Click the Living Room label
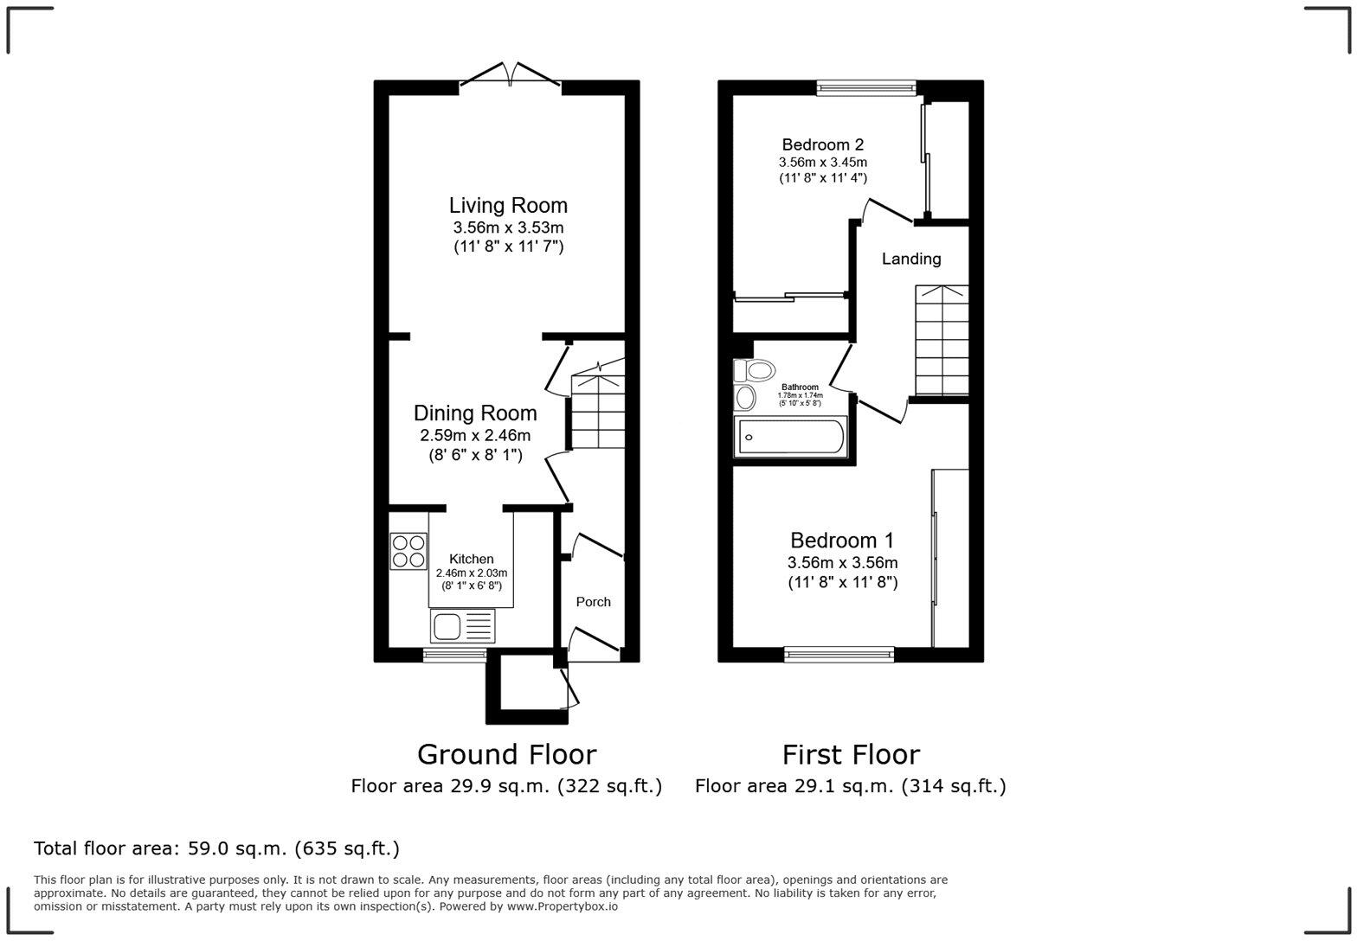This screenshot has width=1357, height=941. tap(508, 206)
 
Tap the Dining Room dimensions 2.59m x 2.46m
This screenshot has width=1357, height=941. tap(474, 436)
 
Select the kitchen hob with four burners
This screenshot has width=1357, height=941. tap(408, 552)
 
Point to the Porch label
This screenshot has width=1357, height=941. tap(593, 602)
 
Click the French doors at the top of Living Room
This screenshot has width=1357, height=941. tap(511, 75)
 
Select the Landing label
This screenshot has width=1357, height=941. tap(910, 259)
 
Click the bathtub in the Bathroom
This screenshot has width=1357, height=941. tap(789, 437)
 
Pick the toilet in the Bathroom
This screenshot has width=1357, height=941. tap(755, 371)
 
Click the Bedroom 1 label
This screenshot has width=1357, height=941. tap(842, 541)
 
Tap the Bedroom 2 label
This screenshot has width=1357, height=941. tap(822, 144)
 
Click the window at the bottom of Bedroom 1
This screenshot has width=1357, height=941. tap(839, 655)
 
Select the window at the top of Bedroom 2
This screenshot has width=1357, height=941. tap(865, 86)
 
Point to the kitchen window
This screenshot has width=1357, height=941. tap(455, 655)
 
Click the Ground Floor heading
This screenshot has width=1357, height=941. tap(506, 754)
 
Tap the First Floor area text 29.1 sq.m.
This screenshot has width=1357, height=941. tap(850, 786)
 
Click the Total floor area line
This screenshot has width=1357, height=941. tap(216, 848)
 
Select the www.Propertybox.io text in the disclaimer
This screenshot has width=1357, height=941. tap(562, 906)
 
